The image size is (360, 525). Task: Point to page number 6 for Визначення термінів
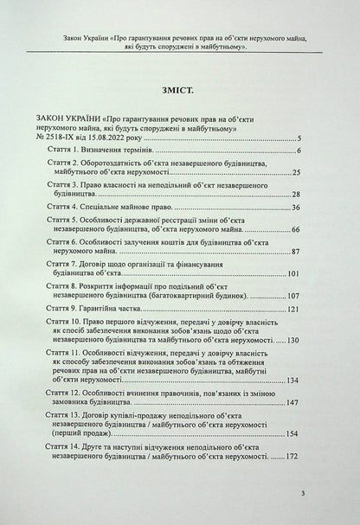[298, 152]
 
